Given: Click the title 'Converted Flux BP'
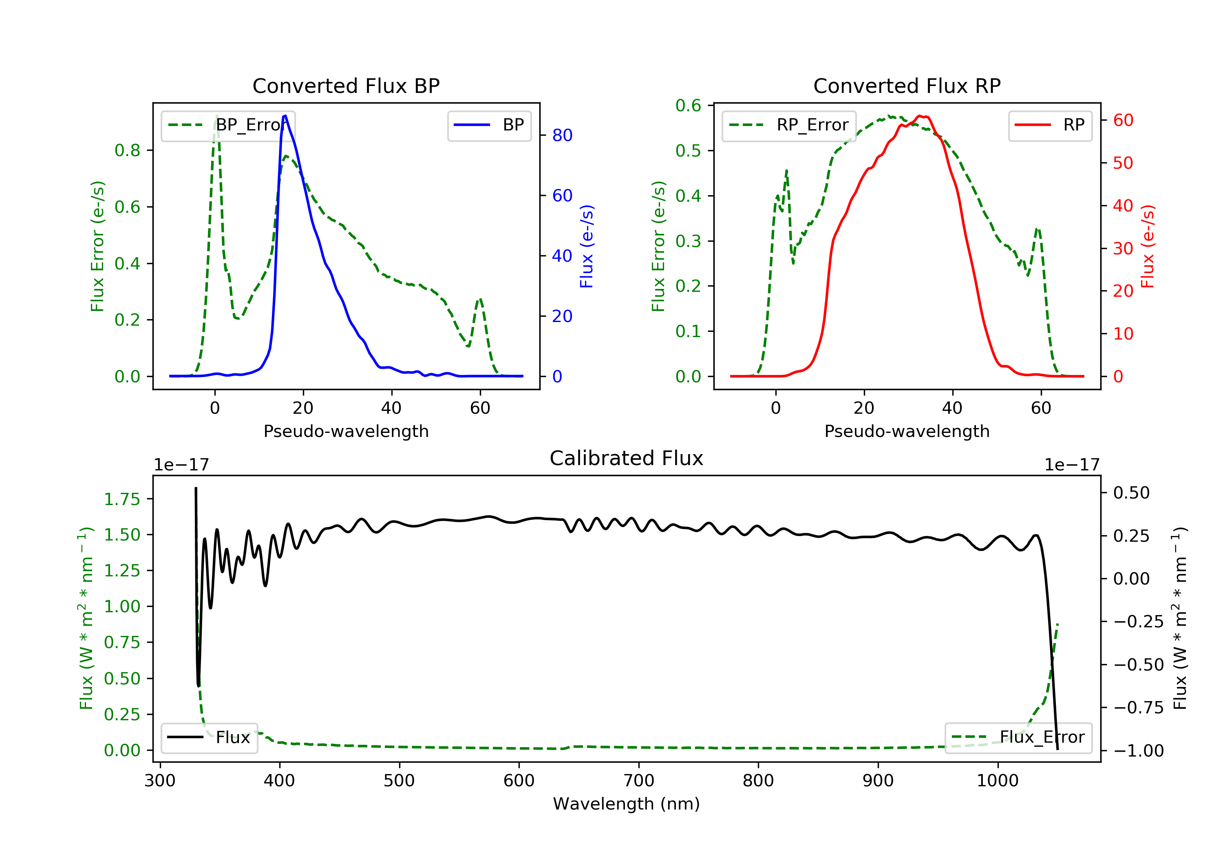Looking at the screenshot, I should tap(346, 86).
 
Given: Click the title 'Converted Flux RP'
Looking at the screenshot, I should tap(907, 86).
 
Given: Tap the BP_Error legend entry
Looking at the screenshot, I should tap(228, 125).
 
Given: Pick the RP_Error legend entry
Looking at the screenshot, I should tap(789, 125).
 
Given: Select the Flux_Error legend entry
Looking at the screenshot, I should tap(1018, 737).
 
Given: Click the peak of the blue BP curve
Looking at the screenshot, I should tap(285, 116).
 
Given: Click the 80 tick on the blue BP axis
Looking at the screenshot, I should tap(562, 135).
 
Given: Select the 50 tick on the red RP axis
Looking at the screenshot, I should tap(1123, 163).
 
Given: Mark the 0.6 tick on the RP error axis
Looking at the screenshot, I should tap(688, 106).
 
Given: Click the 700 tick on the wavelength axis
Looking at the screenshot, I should tap(638, 781).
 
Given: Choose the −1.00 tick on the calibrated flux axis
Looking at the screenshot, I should tap(1138, 750).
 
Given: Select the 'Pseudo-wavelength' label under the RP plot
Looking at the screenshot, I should tap(907, 431).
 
